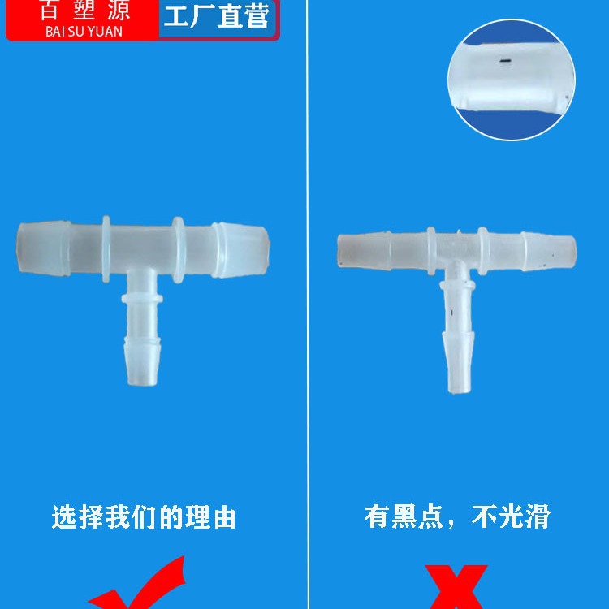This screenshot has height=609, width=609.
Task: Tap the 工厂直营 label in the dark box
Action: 217,17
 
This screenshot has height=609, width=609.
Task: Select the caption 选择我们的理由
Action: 144,517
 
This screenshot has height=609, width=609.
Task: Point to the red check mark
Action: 142,589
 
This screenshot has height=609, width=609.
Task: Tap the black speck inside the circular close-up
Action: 504,60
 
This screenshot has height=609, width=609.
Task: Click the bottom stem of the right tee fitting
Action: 456,357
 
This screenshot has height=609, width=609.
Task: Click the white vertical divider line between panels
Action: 307,325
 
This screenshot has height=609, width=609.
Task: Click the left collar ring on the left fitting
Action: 106,248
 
